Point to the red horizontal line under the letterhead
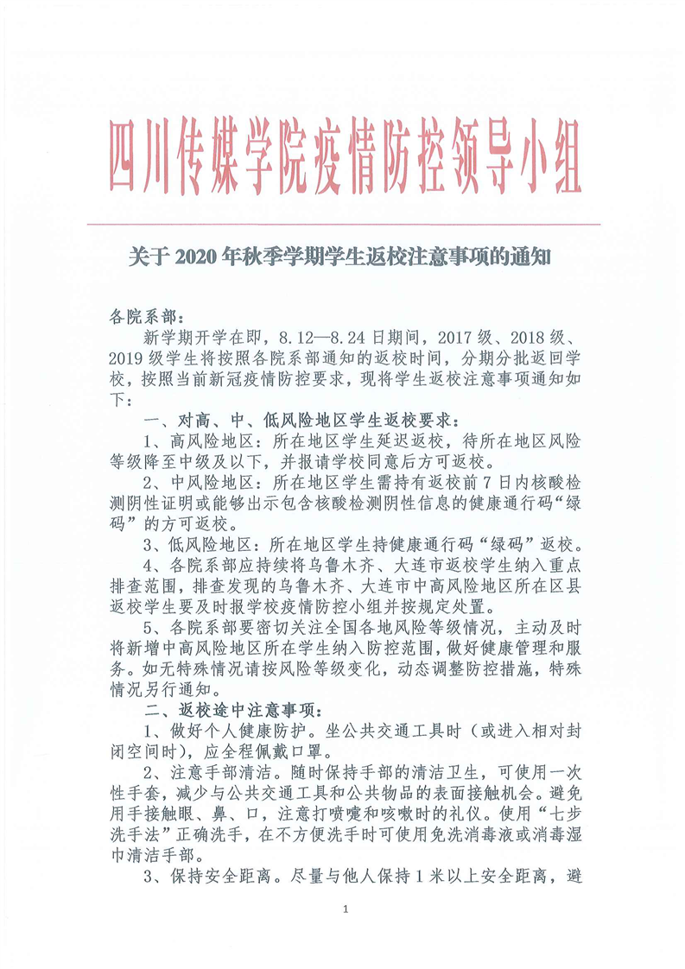click(346, 225)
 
